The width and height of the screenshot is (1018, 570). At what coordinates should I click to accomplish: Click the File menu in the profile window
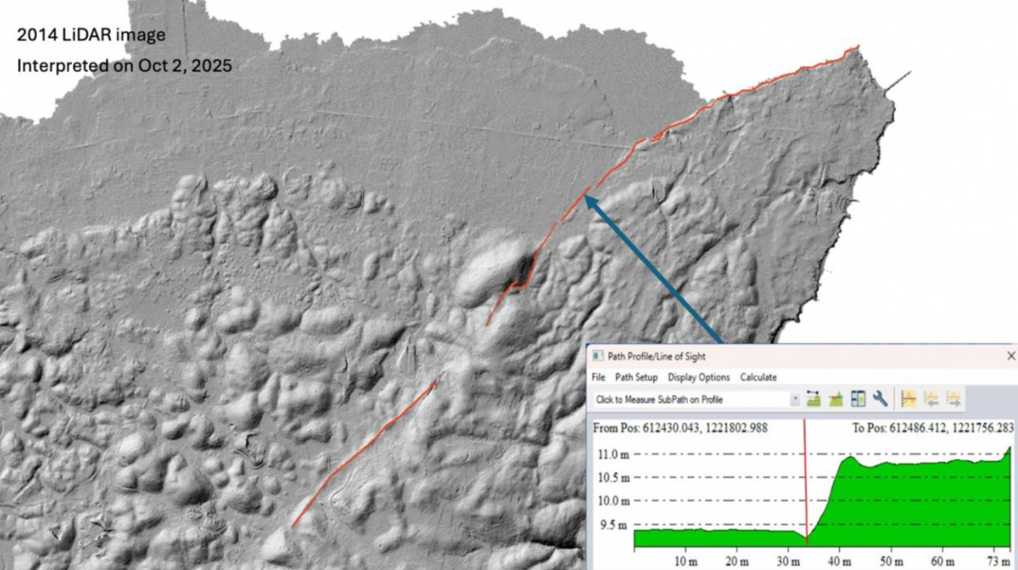click(598, 377)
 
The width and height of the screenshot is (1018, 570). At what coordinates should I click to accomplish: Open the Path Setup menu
click(636, 377)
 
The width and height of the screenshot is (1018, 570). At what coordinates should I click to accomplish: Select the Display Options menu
click(699, 377)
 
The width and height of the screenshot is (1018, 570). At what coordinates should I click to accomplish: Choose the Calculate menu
click(758, 377)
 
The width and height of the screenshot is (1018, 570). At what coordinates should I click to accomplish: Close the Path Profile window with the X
click(1010, 356)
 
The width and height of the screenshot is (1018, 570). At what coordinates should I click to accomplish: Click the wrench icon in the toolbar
click(881, 399)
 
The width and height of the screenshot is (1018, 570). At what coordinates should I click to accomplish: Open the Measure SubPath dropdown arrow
click(795, 399)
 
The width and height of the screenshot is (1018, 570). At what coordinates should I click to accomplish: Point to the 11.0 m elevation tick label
click(613, 455)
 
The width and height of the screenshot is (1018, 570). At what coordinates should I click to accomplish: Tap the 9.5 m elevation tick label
click(612, 525)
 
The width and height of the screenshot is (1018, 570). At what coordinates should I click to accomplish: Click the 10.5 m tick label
click(613, 478)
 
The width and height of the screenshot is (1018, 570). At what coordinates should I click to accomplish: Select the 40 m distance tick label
click(839, 561)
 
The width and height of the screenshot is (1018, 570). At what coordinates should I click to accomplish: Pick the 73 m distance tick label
click(998, 561)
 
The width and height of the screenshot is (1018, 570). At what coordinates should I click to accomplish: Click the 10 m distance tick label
click(685, 561)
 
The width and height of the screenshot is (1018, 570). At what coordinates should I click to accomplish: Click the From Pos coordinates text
click(680, 428)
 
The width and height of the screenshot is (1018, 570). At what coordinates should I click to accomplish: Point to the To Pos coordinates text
click(932, 428)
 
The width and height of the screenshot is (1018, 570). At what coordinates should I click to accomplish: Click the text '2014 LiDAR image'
click(91, 35)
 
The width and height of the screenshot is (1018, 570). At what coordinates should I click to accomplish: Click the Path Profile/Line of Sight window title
click(656, 356)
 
